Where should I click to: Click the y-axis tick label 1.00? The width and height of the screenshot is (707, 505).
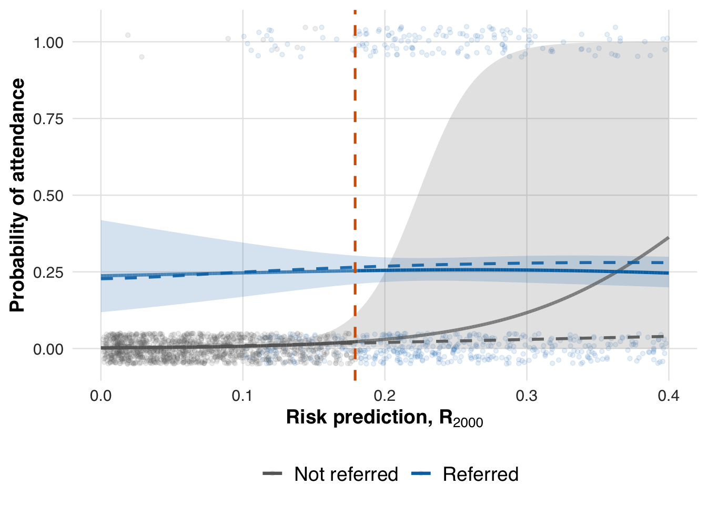click(48, 43)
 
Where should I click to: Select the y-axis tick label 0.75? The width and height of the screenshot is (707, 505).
click(48, 119)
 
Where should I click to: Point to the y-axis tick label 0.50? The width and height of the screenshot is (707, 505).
click(48, 196)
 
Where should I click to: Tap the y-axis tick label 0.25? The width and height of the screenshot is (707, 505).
click(48, 273)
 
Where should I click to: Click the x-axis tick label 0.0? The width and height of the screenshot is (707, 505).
click(101, 396)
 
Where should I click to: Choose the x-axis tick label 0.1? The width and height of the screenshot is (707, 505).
click(243, 396)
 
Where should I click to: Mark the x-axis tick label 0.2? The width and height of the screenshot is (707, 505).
click(385, 396)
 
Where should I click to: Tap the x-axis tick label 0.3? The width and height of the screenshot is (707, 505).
click(527, 396)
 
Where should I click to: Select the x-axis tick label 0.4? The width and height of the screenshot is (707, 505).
click(669, 396)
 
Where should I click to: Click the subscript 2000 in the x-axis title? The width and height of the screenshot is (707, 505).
click(468, 422)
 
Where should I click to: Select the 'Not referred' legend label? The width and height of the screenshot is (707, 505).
click(346, 474)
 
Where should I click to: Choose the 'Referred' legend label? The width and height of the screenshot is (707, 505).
click(481, 474)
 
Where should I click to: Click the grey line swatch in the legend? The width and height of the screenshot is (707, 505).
click(273, 474)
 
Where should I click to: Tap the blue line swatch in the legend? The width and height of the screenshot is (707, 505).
click(421, 474)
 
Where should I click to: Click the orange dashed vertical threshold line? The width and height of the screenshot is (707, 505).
click(355, 158)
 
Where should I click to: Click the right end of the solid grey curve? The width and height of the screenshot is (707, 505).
click(668, 238)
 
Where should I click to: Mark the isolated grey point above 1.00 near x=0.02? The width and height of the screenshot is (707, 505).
click(128, 35)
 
